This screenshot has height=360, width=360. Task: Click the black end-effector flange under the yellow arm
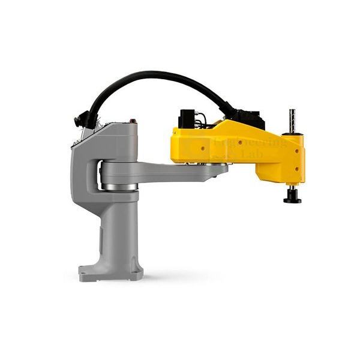point(292,197)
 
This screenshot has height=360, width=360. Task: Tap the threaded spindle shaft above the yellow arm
point(292,121)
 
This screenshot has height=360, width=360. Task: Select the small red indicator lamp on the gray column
point(130,122)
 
